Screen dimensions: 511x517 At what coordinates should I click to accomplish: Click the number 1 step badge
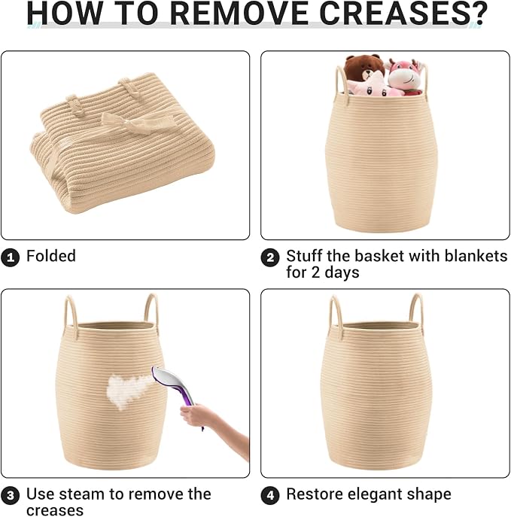point(11,257)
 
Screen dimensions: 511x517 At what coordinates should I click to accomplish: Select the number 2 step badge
point(270,257)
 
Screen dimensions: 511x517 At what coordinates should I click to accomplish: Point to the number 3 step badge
point(11,496)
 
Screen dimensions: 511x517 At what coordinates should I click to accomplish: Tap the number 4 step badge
point(270,496)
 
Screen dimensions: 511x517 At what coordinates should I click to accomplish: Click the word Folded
point(51,256)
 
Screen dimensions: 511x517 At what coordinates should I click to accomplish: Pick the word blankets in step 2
point(476,256)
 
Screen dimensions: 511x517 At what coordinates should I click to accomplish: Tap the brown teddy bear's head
point(364,68)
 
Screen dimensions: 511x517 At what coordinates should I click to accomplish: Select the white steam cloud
point(129,390)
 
